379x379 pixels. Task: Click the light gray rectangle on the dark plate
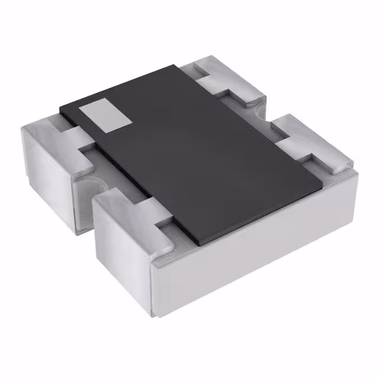coord(105,115)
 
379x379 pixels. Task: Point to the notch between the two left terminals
coord(89,178)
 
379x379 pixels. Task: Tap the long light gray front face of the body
coord(255,261)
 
